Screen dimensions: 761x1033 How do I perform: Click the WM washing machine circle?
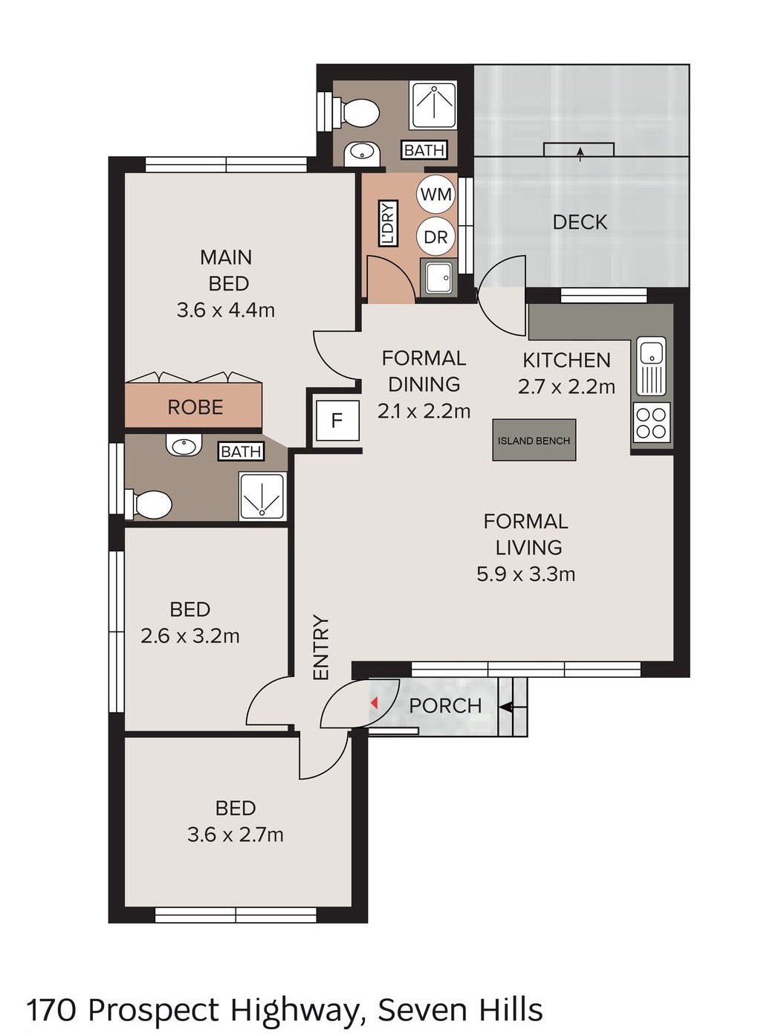pyautogui.click(x=435, y=194)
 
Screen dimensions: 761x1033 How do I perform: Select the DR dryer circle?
pyautogui.click(x=435, y=237)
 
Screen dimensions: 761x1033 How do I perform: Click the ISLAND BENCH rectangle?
pyautogui.click(x=534, y=440)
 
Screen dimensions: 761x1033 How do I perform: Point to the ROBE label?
pyautogui.click(x=195, y=407)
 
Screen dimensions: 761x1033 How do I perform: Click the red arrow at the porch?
pyautogui.click(x=375, y=703)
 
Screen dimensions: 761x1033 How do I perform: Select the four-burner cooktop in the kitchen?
pyautogui.click(x=652, y=422)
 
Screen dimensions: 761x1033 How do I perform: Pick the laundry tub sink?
pyautogui.click(x=438, y=276)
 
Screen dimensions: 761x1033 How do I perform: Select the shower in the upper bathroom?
pyautogui.click(x=433, y=105)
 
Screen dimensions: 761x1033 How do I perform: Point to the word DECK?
pyautogui.click(x=580, y=222)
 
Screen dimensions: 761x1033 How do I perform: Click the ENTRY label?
pyautogui.click(x=321, y=647)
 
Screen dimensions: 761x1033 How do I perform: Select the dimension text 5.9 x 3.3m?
pyautogui.click(x=525, y=574)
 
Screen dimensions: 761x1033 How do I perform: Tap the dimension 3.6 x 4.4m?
pyautogui.click(x=226, y=310)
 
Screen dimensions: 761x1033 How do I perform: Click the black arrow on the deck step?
pyautogui.click(x=580, y=155)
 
